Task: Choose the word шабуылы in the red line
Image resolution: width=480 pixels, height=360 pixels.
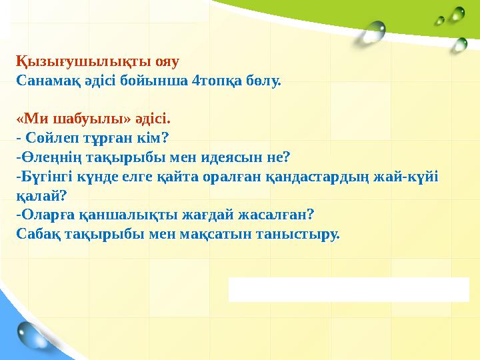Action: coord(82,120)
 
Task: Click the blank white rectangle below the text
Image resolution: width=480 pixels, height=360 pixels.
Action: coord(349,289)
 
